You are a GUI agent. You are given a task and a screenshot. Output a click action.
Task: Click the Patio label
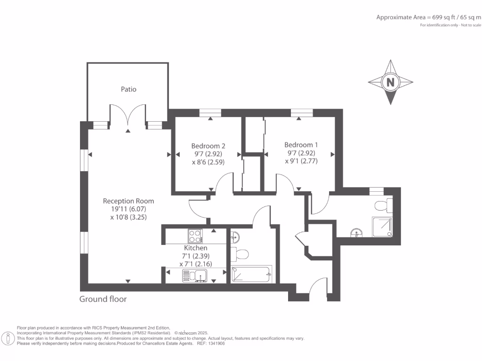[x=129, y=89]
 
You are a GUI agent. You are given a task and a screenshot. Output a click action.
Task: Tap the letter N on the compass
[x=390, y=82]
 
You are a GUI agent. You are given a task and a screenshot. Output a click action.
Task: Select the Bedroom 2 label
[x=208, y=146]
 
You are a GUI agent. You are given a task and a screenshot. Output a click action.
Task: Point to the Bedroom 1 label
[x=301, y=145]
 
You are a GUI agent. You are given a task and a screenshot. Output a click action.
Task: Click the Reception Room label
[x=128, y=201]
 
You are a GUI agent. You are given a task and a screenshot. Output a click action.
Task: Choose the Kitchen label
[x=195, y=248]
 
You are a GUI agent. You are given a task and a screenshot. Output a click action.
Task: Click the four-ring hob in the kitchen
[x=195, y=236]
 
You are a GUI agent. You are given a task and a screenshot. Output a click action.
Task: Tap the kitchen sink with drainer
[x=194, y=275]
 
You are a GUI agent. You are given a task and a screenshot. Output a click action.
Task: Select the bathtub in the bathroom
[x=251, y=274]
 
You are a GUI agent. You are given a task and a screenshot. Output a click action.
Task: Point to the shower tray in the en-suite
[x=382, y=227]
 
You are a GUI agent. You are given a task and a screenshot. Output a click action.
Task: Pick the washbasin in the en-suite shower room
[x=357, y=233]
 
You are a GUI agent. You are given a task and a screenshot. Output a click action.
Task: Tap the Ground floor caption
[x=103, y=299]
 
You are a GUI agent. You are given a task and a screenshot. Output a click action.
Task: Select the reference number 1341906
[x=217, y=344]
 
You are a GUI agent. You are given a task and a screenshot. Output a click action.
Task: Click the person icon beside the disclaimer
[x=8, y=339]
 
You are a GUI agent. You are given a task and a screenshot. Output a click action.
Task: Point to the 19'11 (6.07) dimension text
[x=129, y=209]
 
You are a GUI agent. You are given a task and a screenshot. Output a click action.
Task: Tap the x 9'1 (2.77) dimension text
[x=301, y=161]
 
